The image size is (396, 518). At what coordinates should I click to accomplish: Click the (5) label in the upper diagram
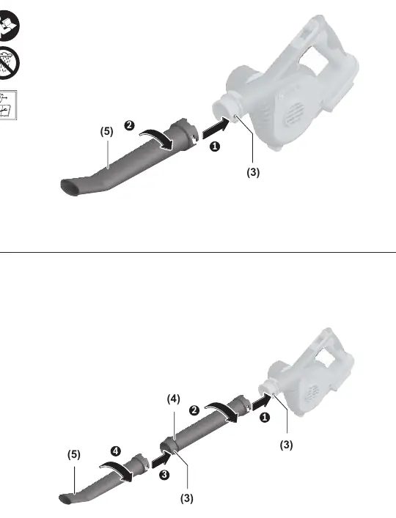click(x=106, y=131)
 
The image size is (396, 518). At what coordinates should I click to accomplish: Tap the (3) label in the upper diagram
click(x=253, y=172)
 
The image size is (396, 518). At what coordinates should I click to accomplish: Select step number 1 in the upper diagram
click(x=215, y=147)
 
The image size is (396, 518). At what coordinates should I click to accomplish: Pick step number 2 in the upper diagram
click(x=129, y=125)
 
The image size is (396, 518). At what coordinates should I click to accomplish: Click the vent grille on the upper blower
click(x=294, y=114)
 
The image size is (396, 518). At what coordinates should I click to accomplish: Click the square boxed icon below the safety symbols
click(x=7, y=105)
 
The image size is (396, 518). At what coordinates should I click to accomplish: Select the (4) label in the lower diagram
click(x=174, y=399)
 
